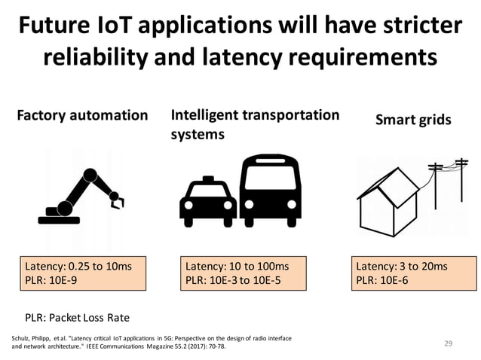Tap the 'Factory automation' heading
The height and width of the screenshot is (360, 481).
83,116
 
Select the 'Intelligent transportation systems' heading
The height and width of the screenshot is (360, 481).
255,124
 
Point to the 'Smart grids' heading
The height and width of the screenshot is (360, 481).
412,120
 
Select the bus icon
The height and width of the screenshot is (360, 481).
271,189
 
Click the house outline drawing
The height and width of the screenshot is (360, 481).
393,193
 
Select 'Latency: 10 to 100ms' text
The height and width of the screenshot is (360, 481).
237,266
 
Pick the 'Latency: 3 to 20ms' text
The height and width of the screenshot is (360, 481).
401,266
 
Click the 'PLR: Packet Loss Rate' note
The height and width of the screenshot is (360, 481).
78,317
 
